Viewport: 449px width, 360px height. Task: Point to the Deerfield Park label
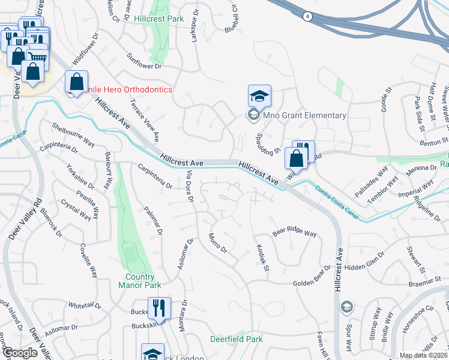[237, 339]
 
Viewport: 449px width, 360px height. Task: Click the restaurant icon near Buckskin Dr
[159, 308]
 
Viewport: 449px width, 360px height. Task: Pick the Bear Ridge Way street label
[295, 232]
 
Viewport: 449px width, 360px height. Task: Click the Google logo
[20, 353]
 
